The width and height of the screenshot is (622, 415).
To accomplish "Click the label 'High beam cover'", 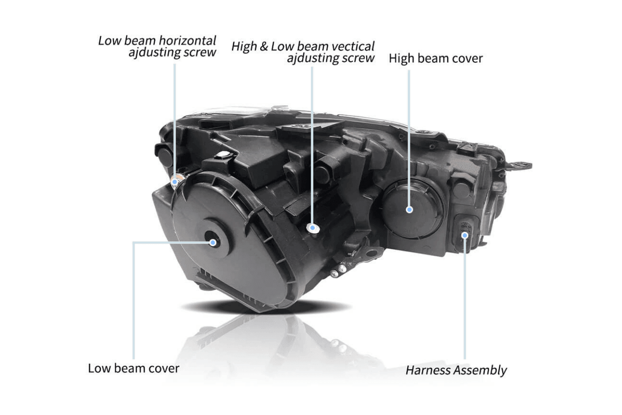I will coord(436,58).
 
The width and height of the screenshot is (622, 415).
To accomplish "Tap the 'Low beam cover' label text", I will coord(134,368).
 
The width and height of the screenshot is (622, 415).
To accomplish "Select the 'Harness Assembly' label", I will coord(456,370).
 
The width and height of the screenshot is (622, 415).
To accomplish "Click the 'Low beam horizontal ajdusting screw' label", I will coord(158,46).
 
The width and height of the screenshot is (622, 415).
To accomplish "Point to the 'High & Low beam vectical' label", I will coord(303,47).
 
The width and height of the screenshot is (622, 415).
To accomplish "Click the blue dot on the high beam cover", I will coord(409,209).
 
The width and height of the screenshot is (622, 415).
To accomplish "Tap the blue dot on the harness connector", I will coord(465,235).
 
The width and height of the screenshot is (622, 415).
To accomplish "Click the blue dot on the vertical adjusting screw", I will coord(312,227).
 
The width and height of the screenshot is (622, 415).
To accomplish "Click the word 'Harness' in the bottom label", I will coord(426,370).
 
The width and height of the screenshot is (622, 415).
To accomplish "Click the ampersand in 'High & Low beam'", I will coord(264,47).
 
